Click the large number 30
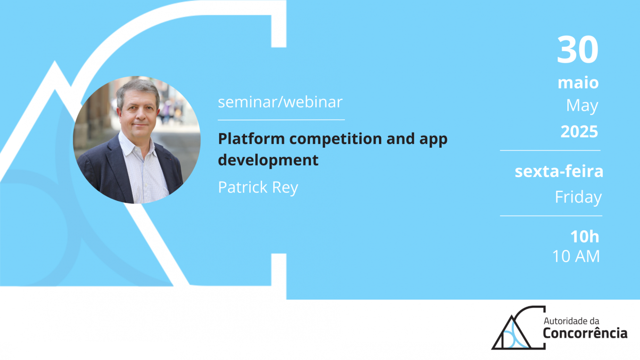coord(577,50)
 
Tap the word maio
coord(578,83)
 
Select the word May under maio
coord(582,106)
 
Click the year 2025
coord(579,132)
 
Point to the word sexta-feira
coord(559,171)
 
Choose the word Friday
coord(578,197)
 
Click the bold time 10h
coord(585,236)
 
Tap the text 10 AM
coord(576,256)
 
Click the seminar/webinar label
coord(280,102)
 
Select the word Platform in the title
coord(252,139)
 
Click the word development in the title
coord(268,160)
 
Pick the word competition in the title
coord(336,139)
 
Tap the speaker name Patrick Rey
coord(258,187)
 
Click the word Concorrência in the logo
coord(585,333)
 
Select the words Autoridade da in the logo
coord(571,321)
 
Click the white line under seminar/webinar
coord(281,120)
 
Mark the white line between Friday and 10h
coord(551,216)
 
